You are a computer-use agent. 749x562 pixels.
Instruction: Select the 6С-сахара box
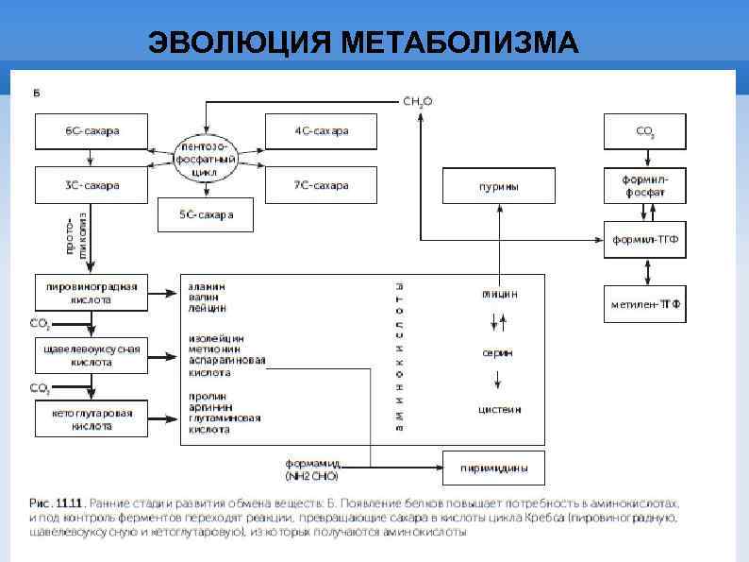tap(92, 130)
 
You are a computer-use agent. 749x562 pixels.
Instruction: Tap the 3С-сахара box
tap(92, 185)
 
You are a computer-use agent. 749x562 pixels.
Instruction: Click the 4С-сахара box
tap(321, 130)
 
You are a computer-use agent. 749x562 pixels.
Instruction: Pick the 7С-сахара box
tap(321, 185)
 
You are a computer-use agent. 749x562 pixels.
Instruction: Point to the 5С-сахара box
tap(206, 215)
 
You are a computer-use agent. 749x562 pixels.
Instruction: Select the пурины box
tap(499, 186)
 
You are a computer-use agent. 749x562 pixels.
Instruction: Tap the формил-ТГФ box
tap(645, 239)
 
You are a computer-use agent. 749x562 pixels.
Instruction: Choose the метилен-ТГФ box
tap(645, 303)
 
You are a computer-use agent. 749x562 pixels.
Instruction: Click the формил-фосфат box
tap(645, 185)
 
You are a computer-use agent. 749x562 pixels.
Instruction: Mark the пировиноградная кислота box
tap(92, 293)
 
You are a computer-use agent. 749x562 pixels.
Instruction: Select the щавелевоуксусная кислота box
tap(92, 355)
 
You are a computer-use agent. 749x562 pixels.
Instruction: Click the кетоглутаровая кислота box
tap(92, 419)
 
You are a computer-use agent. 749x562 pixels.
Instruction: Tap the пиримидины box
tap(493, 468)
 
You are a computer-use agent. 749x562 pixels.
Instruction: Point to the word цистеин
tap(499, 410)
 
